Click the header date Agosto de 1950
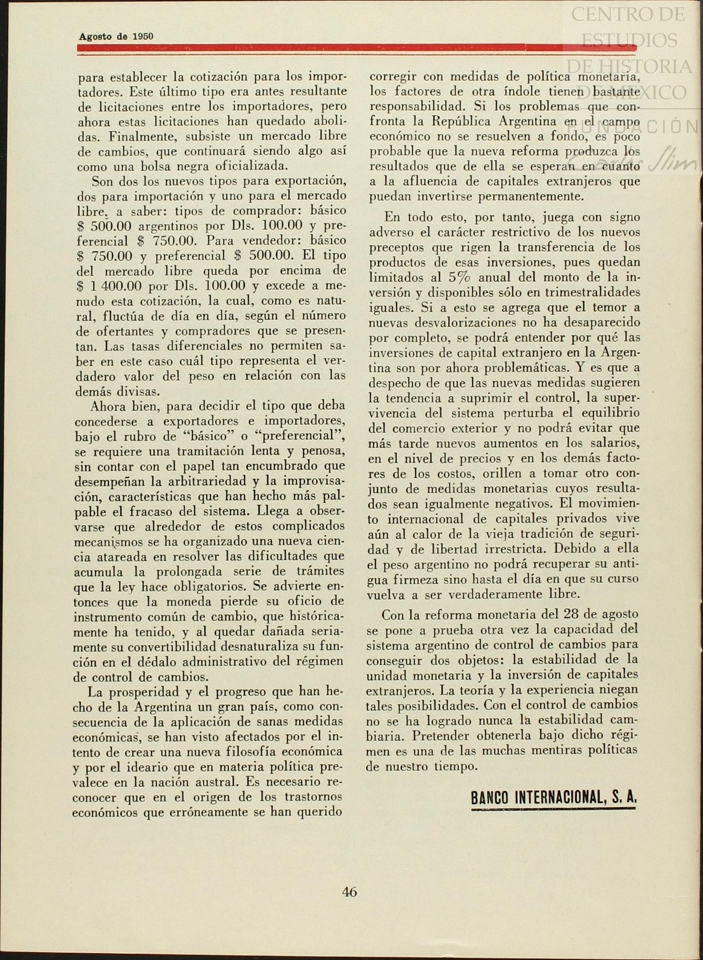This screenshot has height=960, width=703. pyautogui.click(x=116, y=36)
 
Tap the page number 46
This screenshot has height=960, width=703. pyautogui.click(x=349, y=892)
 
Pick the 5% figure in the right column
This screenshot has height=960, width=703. pyautogui.click(x=459, y=277)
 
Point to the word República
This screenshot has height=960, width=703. pyautogui.click(x=462, y=121)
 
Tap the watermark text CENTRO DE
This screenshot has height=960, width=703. pyautogui.click(x=628, y=14)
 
